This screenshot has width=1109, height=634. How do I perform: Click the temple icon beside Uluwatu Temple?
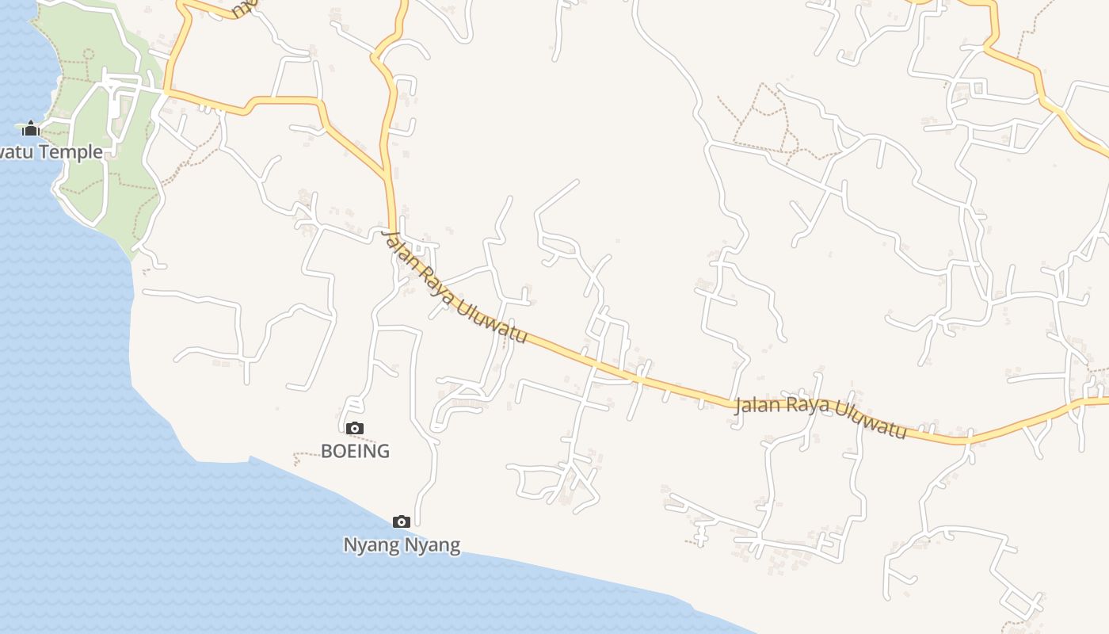[x=31, y=128]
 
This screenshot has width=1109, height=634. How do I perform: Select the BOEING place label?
[x=355, y=451]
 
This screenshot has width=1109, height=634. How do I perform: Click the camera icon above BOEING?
[x=355, y=429]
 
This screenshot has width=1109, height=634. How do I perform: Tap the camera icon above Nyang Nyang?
[x=402, y=521]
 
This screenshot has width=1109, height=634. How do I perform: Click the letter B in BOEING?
[x=326, y=451]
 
